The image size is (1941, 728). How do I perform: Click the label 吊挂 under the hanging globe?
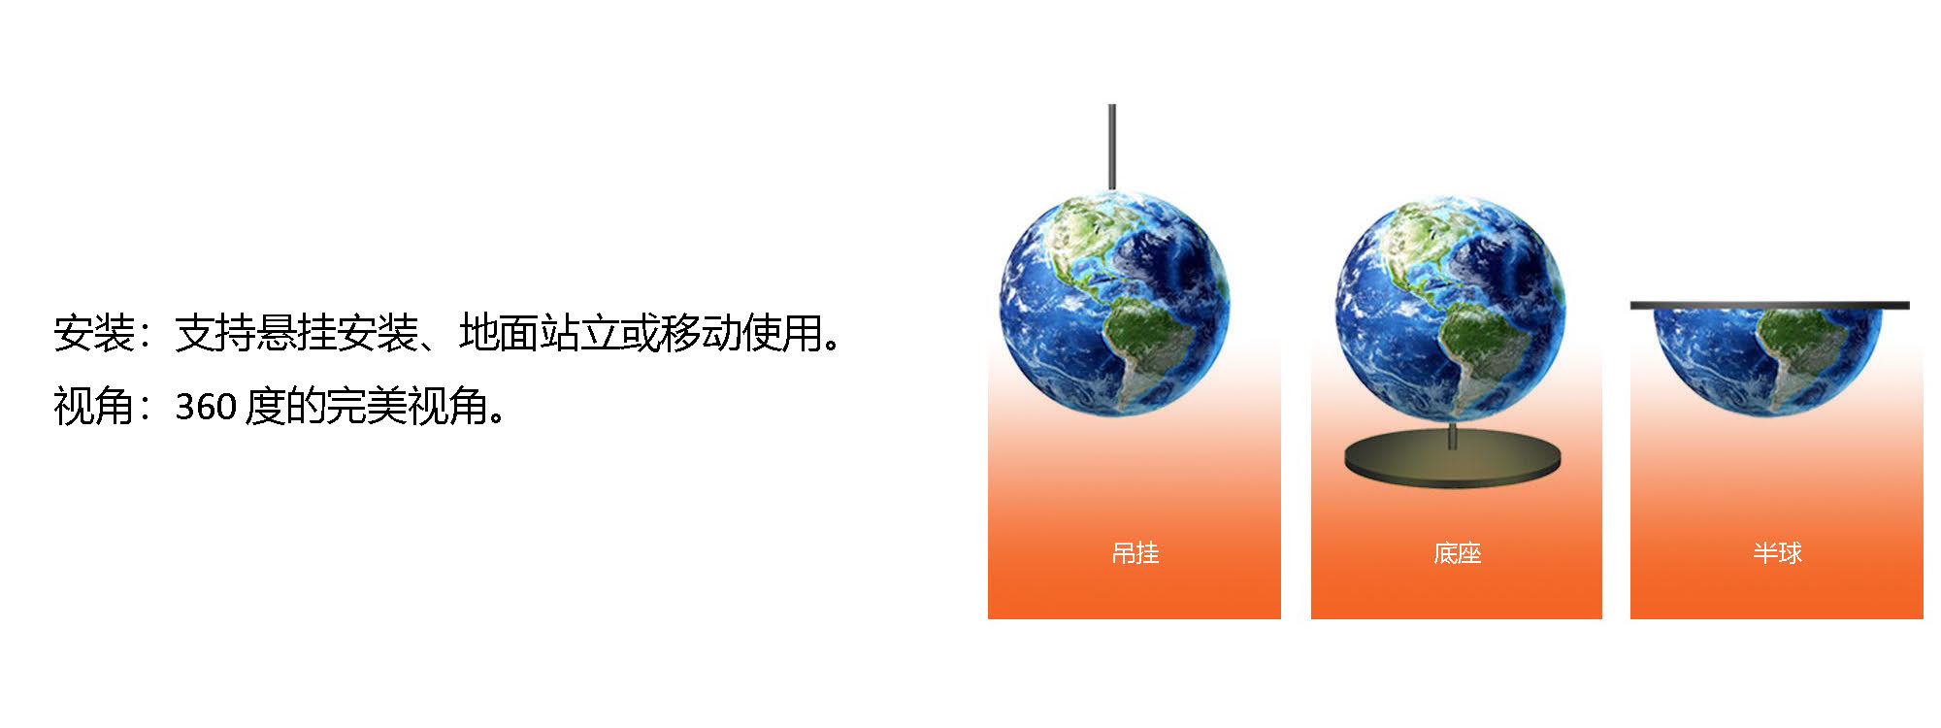1135,553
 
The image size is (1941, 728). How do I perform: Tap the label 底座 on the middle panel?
1457,553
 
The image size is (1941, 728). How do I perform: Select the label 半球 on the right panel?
1777,553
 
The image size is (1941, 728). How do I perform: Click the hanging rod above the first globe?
1112,146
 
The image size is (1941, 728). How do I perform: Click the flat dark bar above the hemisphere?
1769,306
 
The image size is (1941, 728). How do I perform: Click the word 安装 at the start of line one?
94,333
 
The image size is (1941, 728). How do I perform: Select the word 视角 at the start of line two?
94,406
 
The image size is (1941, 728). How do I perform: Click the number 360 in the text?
206,407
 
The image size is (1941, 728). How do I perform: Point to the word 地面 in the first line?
499,333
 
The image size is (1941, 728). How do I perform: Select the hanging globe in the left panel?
1114,303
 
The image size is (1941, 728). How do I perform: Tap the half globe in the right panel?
1768,359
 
